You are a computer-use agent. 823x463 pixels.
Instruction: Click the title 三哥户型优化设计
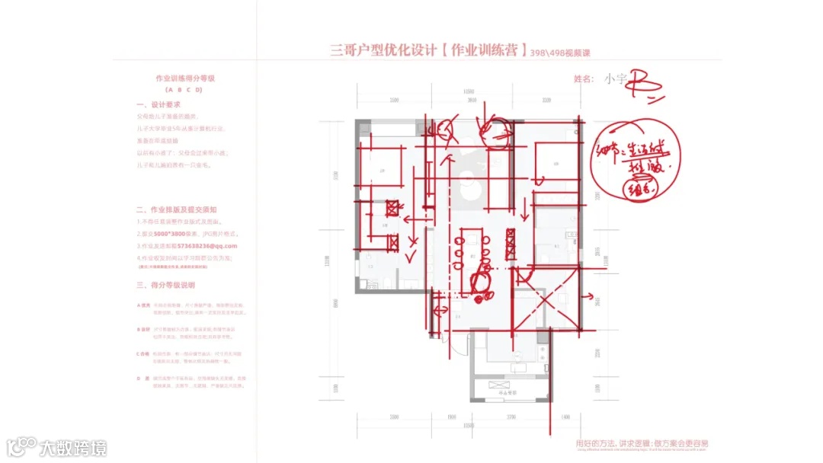[x=383, y=51]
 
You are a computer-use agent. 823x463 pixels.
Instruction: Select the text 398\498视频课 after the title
[x=560, y=53]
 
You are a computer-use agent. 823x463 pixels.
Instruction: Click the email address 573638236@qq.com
[x=207, y=246]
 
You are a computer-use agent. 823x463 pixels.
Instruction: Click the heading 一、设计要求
[x=159, y=104]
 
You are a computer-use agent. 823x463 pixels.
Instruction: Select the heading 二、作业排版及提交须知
[x=176, y=209]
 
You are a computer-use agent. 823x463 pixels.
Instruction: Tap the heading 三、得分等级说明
[x=165, y=285]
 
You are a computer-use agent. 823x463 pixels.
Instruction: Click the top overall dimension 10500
[x=468, y=92]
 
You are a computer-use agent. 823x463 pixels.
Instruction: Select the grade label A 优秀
[x=143, y=304]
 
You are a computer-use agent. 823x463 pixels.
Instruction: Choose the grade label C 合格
[x=143, y=353]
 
